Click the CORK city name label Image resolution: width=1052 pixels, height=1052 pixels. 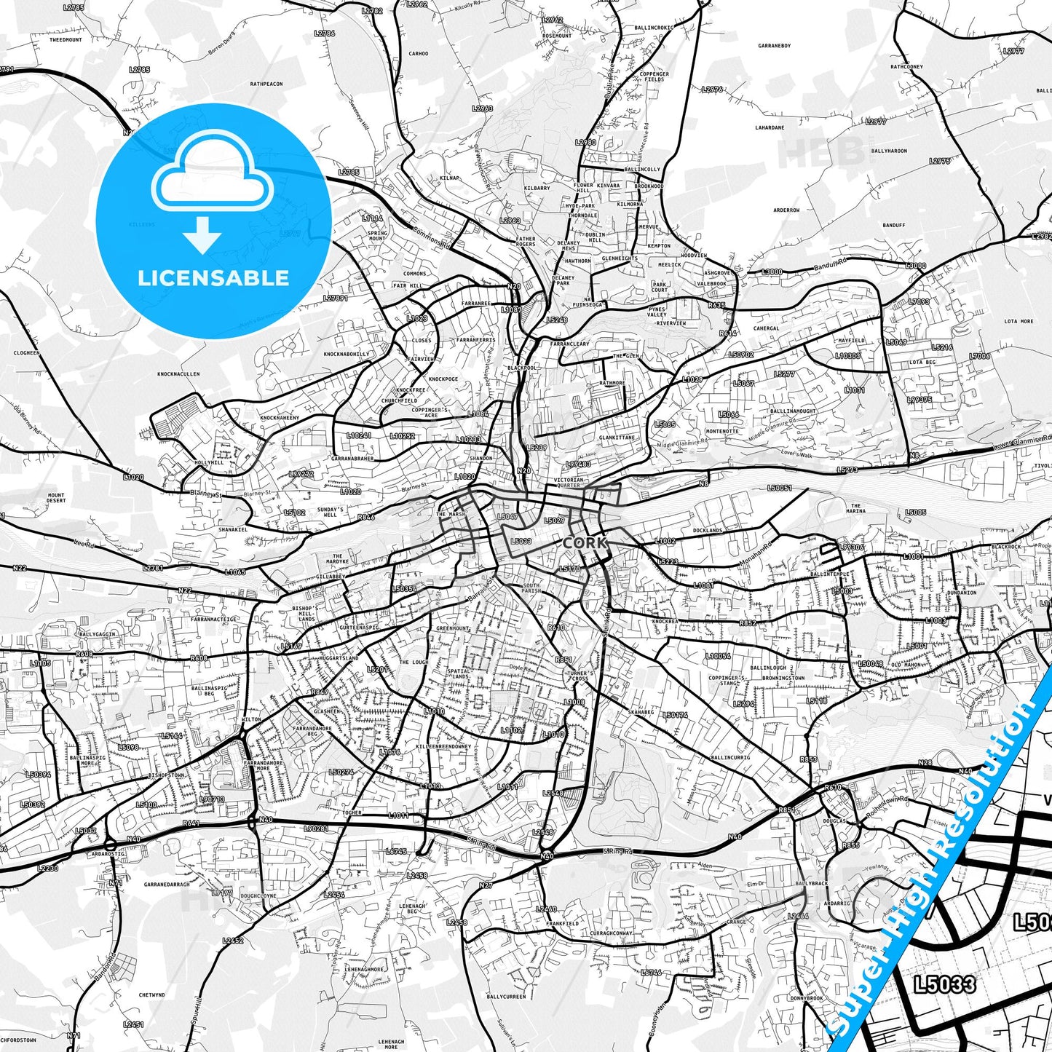(585, 543)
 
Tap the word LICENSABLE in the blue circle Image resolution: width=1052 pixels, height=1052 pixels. (213, 278)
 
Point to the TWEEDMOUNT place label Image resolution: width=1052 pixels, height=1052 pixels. (66, 40)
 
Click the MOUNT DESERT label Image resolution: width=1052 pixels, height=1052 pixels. (56, 498)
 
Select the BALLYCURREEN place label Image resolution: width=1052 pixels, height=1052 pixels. (506, 996)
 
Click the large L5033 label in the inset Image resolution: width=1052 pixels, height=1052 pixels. (945, 984)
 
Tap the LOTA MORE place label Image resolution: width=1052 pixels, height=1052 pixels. (1019, 321)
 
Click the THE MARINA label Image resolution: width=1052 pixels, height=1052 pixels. (856, 508)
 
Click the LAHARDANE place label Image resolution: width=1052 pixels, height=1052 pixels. (770, 127)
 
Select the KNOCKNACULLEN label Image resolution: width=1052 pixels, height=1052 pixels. (178, 374)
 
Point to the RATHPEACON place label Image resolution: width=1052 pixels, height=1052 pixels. (266, 84)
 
